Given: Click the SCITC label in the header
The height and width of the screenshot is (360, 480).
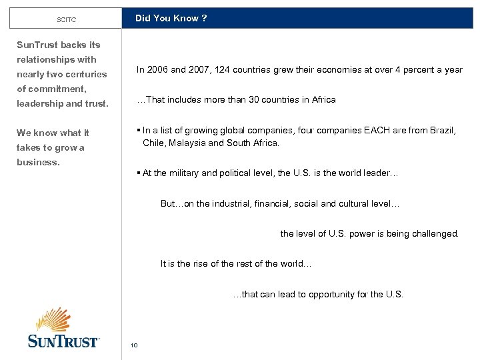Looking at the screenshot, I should click(66, 19).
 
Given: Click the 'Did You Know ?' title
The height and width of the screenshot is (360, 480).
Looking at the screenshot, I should click(171, 18).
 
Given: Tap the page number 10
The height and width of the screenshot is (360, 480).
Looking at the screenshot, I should click(134, 345).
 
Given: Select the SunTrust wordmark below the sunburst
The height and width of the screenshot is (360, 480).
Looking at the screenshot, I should click(63, 341).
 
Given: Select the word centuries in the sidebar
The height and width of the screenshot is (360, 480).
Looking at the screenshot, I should click(87, 74).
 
